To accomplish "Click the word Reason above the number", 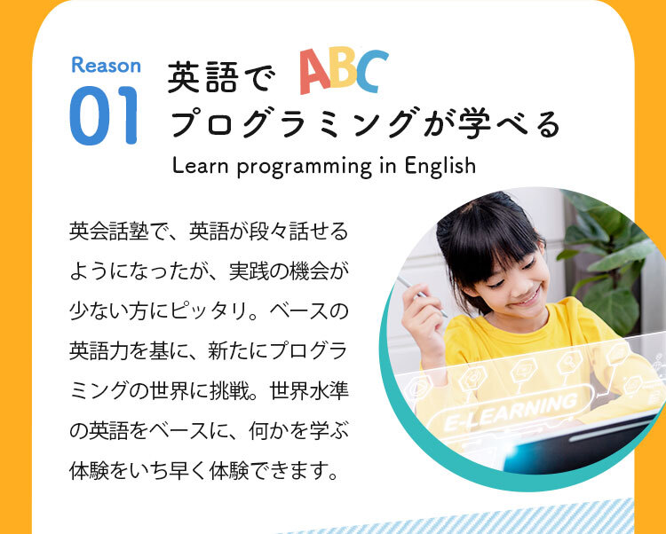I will [x=106, y=65].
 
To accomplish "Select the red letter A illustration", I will [x=315, y=73].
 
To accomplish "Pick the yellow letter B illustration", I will [x=344, y=73].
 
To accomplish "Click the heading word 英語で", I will [x=217, y=78].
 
